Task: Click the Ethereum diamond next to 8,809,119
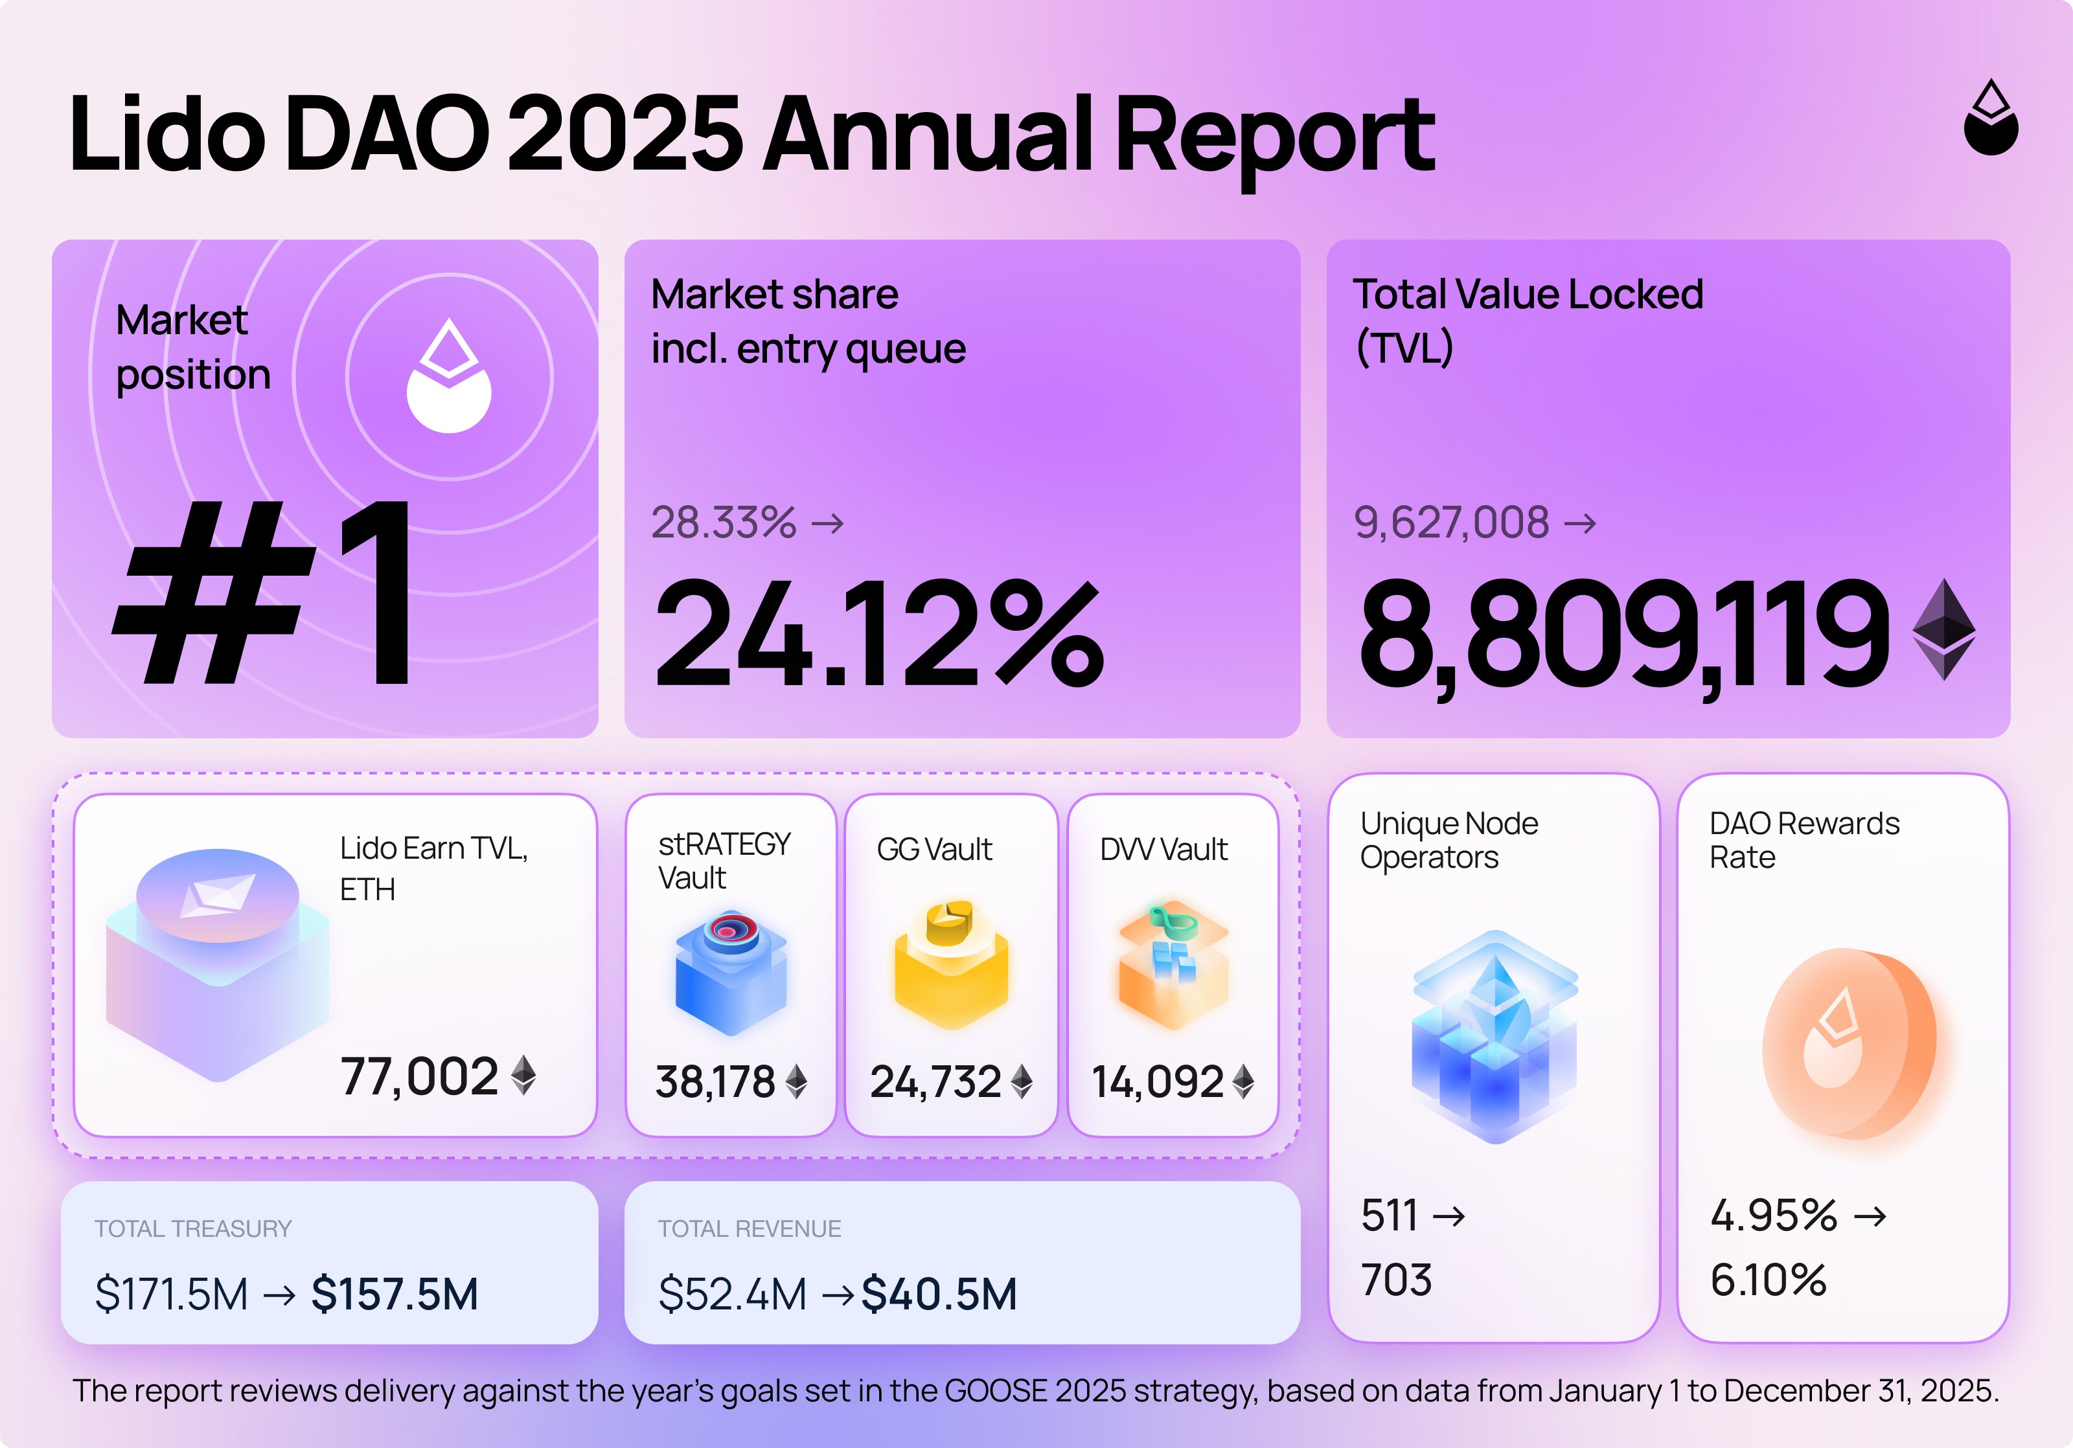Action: pos(1944,629)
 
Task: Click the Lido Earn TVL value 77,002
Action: pos(419,1077)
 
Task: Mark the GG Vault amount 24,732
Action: pos(935,1082)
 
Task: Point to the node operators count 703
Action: pos(1396,1280)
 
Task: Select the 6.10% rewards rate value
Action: pos(1768,1280)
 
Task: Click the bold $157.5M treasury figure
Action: pos(395,1294)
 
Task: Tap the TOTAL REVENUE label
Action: pos(750,1228)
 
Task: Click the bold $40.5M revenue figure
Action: pos(939,1294)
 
